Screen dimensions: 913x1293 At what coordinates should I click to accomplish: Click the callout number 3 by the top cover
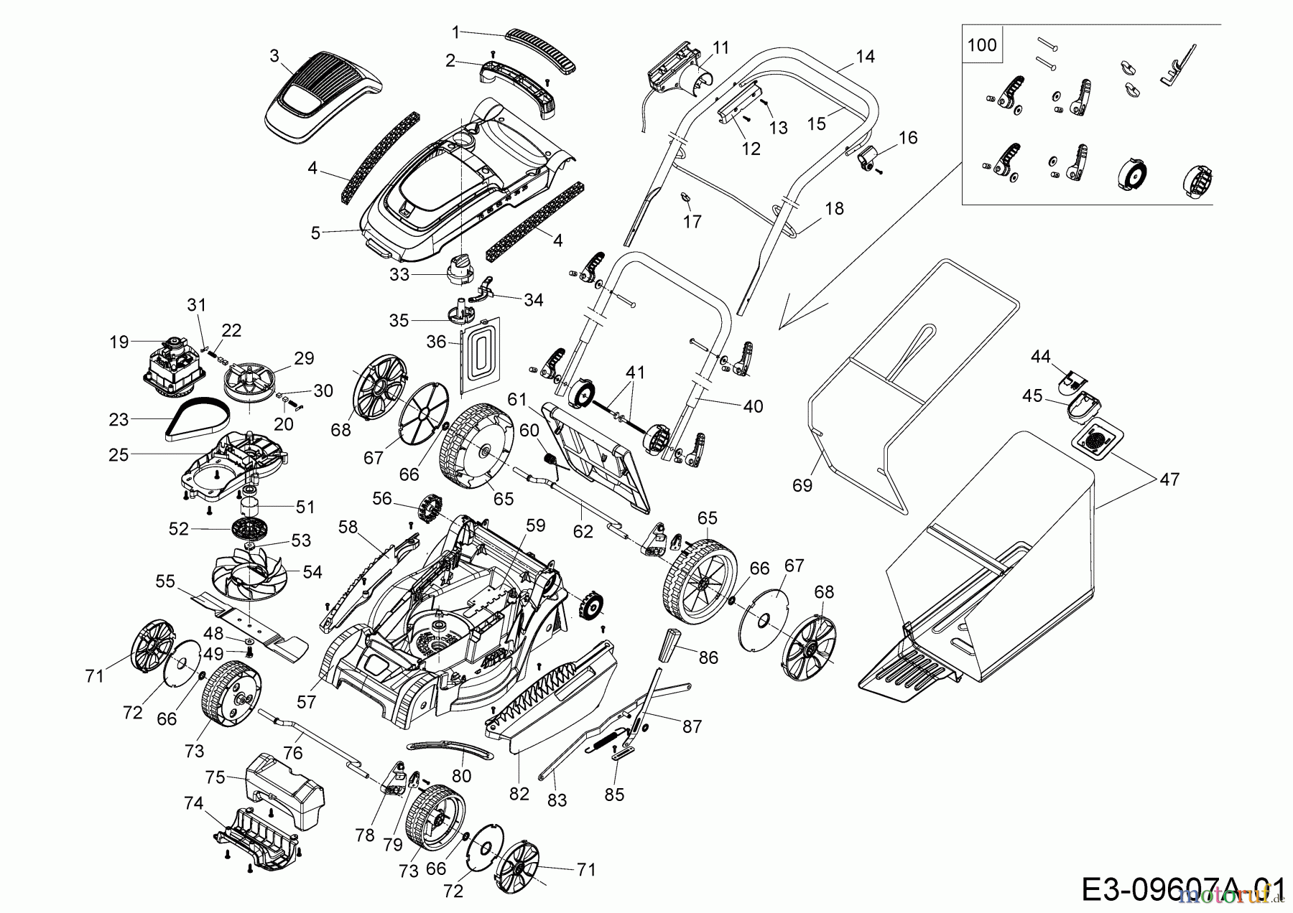click(274, 55)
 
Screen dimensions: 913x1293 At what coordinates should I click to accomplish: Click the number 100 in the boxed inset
click(982, 45)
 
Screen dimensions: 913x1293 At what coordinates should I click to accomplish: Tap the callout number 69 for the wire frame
click(802, 485)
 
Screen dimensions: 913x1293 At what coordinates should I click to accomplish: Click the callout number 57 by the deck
click(306, 701)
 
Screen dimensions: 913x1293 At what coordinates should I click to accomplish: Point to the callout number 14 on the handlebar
click(866, 56)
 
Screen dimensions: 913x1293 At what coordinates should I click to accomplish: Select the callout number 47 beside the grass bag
click(1169, 479)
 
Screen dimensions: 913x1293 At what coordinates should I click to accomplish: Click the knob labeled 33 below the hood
click(460, 270)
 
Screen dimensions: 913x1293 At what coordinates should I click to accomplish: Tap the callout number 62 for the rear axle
click(583, 531)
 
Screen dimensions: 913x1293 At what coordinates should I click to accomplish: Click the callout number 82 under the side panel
click(519, 794)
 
